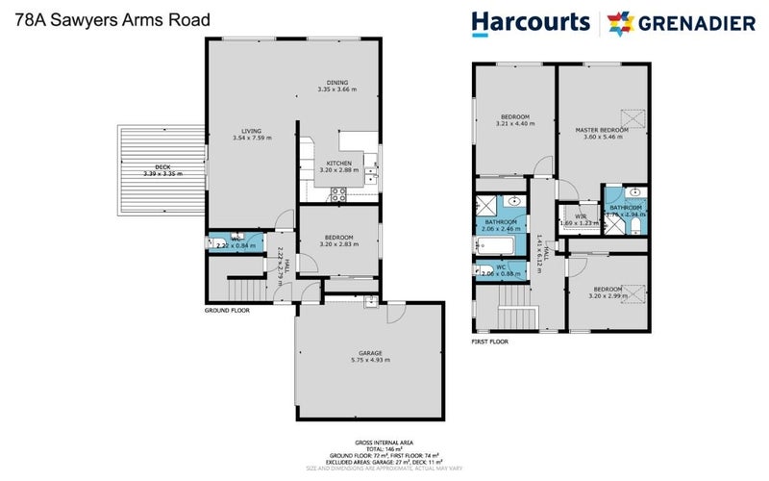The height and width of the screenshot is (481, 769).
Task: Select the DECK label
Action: coord(149,167)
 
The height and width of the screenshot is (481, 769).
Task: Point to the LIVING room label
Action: coord(252,130)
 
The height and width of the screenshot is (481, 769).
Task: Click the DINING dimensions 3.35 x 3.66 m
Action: coord(337,89)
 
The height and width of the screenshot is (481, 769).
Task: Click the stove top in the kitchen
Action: coord(339,193)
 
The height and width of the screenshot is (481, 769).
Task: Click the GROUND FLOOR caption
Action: coord(227,311)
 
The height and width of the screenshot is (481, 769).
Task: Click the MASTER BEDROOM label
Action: coord(602,129)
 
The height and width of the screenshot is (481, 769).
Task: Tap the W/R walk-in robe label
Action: coord(581,216)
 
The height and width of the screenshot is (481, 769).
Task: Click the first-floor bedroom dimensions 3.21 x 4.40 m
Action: coord(512,123)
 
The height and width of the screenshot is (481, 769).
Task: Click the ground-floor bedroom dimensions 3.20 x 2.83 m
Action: coord(338,244)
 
